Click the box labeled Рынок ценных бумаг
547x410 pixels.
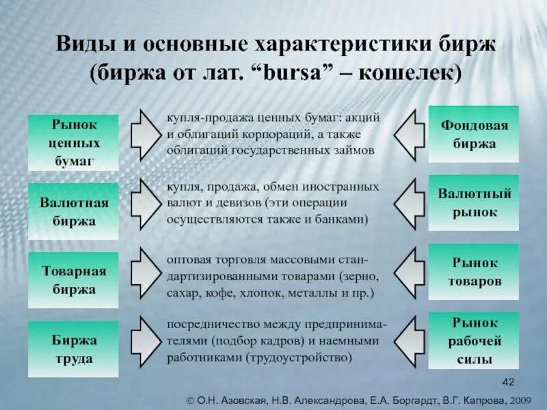[x=72, y=143]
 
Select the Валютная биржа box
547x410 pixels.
[x=72, y=212]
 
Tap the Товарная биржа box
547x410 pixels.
[x=72, y=280]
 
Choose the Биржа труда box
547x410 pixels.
[x=72, y=348]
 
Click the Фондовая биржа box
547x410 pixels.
[x=473, y=134]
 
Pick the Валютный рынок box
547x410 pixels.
[x=473, y=203]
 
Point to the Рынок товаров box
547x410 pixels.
[x=473, y=271]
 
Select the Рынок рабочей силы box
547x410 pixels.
[x=473, y=340]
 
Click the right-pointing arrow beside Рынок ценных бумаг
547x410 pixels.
[x=145, y=133]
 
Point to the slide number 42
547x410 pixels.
[x=508, y=381]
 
